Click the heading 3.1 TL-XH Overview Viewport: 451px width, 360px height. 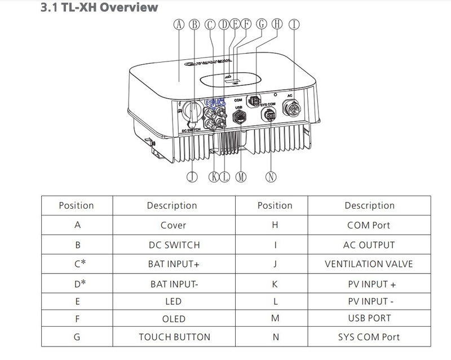(99, 8)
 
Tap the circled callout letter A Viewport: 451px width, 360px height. (180, 24)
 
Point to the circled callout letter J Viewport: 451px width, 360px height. (192, 176)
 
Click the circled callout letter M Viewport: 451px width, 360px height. (242, 176)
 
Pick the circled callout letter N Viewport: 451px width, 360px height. (272, 176)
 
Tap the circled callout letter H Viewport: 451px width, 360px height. (276, 24)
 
